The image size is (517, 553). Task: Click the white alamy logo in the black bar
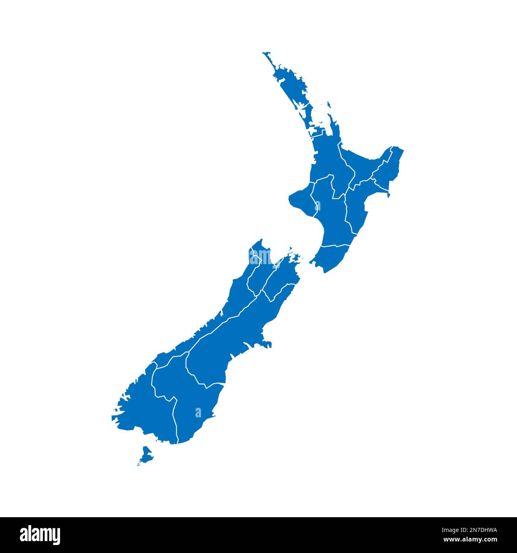click(x=40, y=534)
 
